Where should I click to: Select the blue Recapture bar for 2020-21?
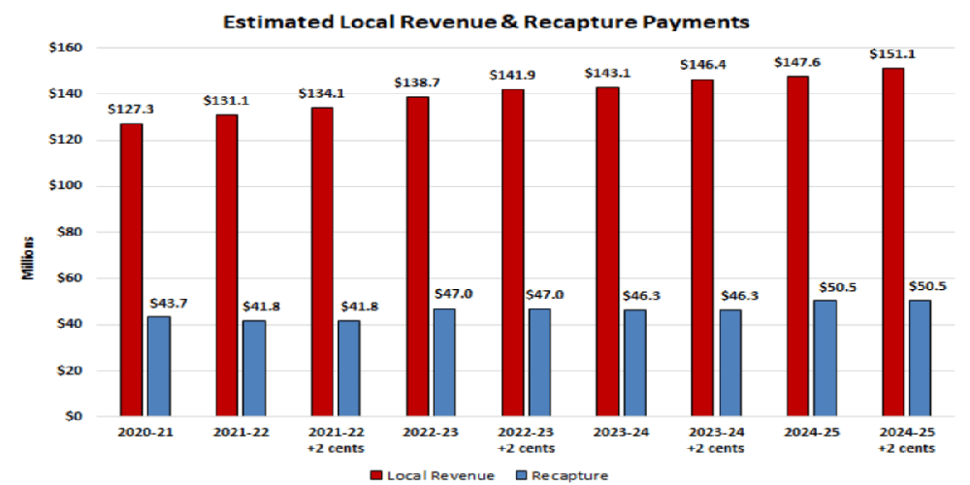159,366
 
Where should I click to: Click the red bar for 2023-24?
607,251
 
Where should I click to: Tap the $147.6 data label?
797,63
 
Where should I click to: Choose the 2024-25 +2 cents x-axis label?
909,439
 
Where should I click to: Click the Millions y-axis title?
30,257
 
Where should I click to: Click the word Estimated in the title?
265,19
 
